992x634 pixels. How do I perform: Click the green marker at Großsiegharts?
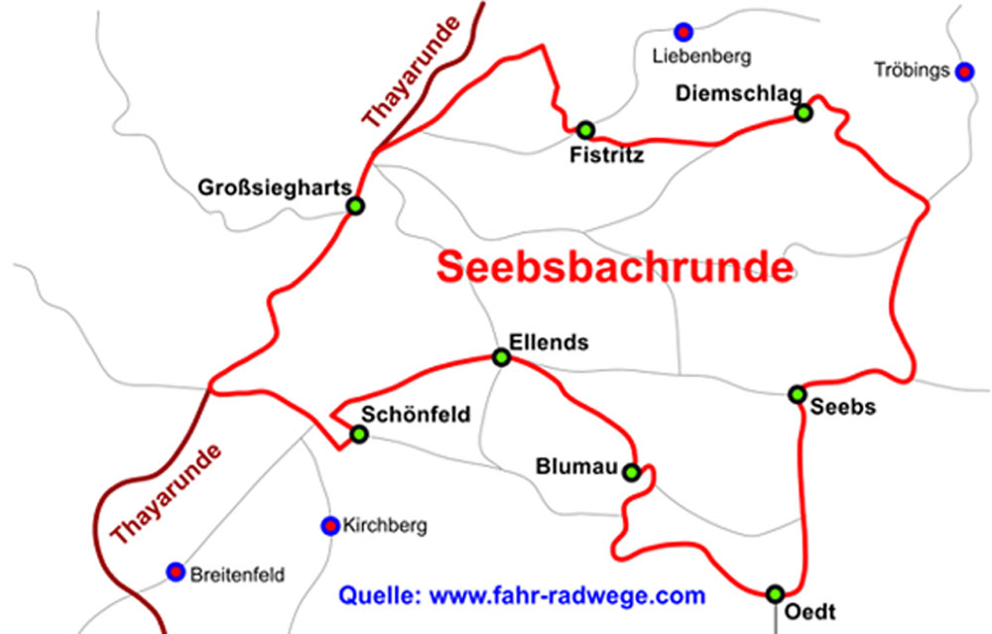[x=355, y=206]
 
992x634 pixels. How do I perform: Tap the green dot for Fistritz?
[x=585, y=130]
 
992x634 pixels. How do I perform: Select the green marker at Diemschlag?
[x=804, y=113]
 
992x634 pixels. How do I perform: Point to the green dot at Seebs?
[x=797, y=395]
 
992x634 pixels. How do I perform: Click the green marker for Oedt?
[x=775, y=593]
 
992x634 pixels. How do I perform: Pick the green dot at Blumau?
[x=632, y=472]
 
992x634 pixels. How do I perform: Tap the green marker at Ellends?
[x=502, y=357]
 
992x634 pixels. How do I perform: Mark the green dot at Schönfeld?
[x=359, y=435]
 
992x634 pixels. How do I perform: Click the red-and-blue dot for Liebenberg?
[x=682, y=32]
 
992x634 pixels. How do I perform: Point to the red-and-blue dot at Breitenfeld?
[x=176, y=571]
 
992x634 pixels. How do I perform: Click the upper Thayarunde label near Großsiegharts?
[x=413, y=72]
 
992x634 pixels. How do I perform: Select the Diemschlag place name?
[x=724, y=93]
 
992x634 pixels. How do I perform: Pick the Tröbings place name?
[x=912, y=70]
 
